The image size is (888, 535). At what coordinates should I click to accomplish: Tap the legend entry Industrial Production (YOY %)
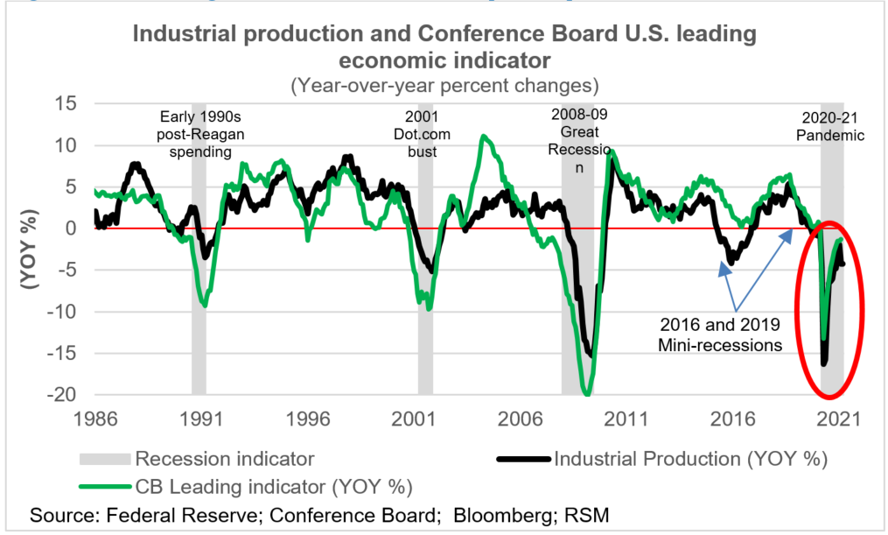pyautogui.click(x=690, y=457)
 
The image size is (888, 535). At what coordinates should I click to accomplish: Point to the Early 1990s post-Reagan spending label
pyautogui.click(x=198, y=134)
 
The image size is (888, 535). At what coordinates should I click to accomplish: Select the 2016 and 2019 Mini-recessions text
pyautogui.click(x=719, y=334)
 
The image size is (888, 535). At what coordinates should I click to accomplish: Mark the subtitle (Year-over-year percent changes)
pyautogui.click(x=444, y=86)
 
